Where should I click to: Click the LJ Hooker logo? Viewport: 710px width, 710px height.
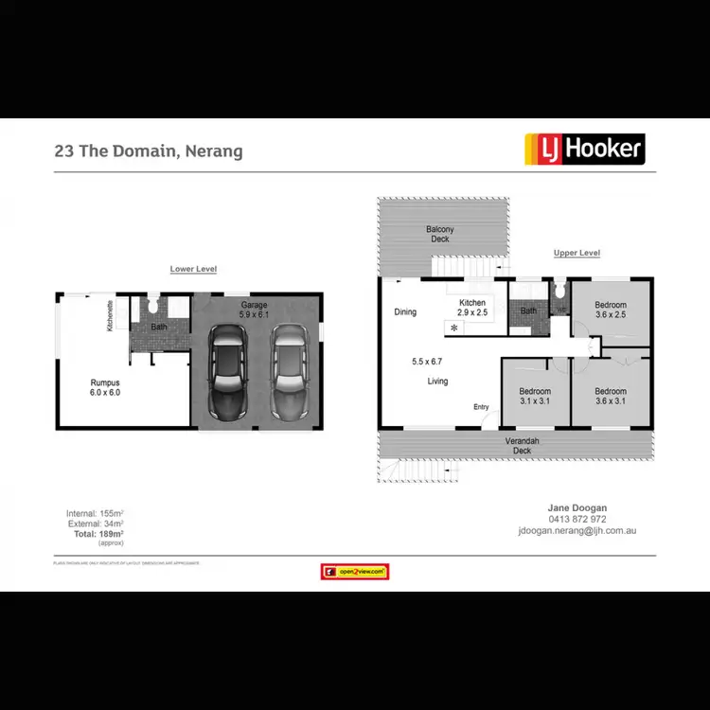click(x=584, y=149)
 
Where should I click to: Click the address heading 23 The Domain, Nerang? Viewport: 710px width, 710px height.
click(x=149, y=151)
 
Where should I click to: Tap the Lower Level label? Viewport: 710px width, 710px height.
click(x=193, y=269)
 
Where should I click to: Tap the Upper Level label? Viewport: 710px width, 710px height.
click(x=577, y=253)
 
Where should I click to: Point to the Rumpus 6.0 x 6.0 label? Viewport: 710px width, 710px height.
click(x=105, y=386)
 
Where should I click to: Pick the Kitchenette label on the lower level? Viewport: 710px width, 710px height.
click(x=111, y=316)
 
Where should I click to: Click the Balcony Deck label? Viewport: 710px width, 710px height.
click(x=440, y=234)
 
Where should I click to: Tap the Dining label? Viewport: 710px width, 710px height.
click(x=405, y=311)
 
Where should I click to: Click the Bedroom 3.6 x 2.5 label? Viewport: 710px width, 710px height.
click(x=611, y=310)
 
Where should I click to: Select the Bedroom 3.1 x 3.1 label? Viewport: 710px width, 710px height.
click(x=535, y=396)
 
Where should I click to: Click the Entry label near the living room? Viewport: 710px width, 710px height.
click(x=482, y=407)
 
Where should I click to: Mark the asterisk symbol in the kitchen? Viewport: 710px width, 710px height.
click(x=454, y=328)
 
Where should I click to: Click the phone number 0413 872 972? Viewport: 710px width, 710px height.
click(x=577, y=520)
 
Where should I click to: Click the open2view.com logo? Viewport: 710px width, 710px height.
click(x=355, y=572)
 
